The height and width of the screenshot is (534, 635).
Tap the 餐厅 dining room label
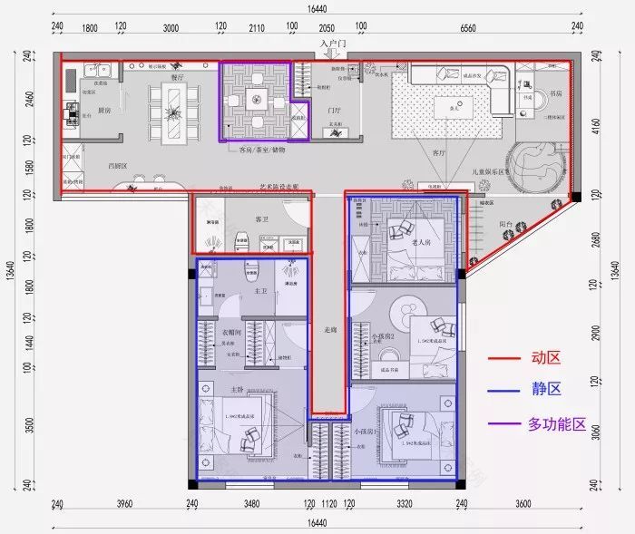click(178, 78)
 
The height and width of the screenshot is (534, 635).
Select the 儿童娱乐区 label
click(490, 170)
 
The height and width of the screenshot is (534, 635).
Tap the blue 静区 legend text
click(545, 390)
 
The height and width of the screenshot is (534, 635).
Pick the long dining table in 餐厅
click(177, 112)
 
